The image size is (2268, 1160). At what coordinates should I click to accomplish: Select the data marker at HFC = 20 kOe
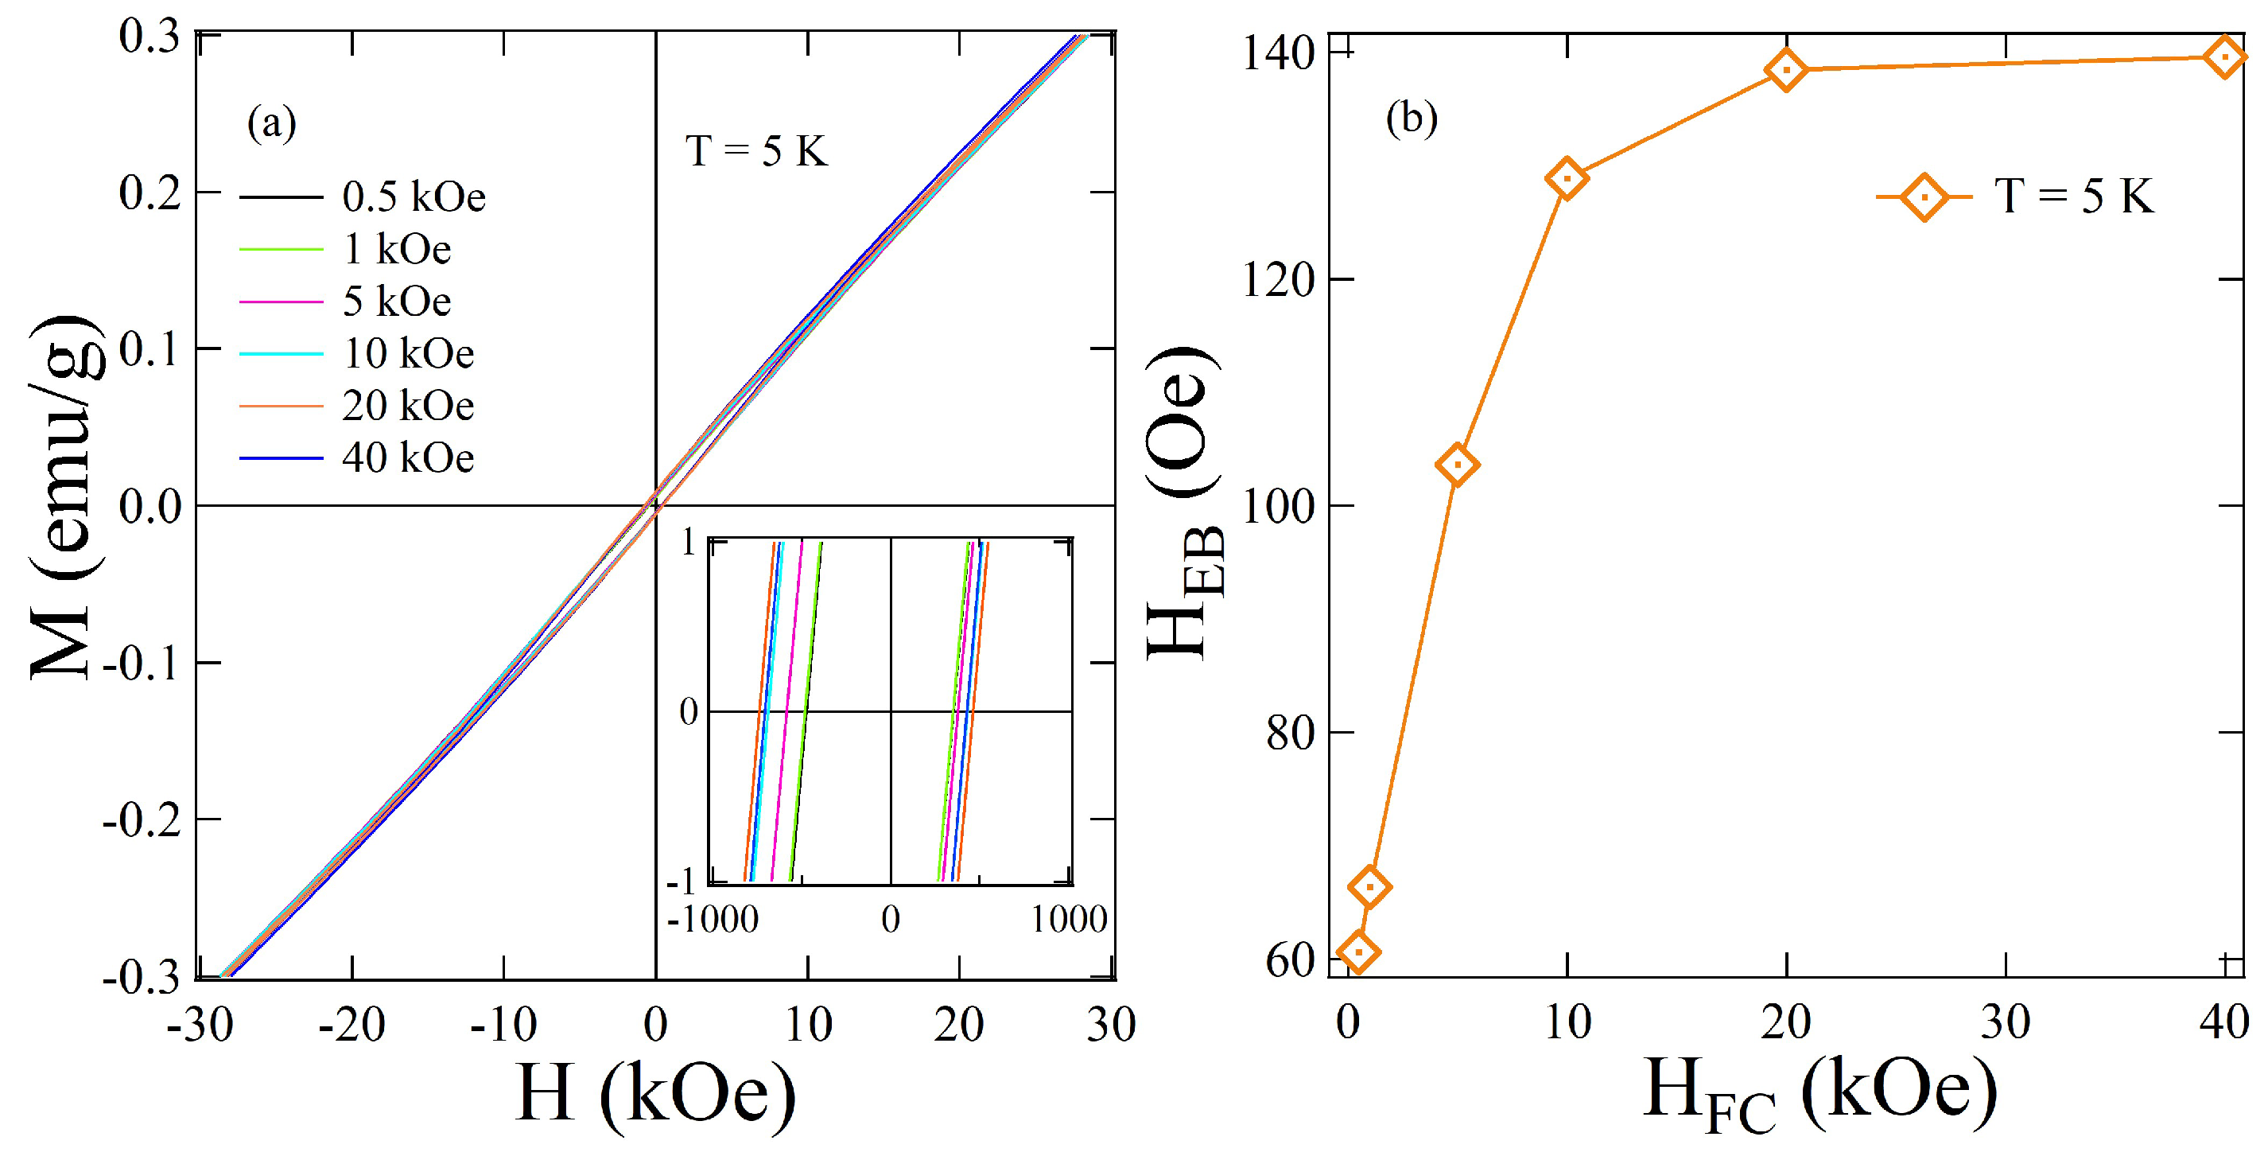click(1786, 69)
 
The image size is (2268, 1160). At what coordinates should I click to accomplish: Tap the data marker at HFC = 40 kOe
click(2225, 57)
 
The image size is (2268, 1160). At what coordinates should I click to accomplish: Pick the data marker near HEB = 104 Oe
click(1457, 464)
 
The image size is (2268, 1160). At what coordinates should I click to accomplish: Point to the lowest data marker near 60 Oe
click(1358, 952)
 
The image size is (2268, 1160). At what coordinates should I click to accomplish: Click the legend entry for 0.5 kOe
click(413, 197)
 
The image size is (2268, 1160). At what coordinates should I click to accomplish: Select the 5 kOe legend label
click(396, 302)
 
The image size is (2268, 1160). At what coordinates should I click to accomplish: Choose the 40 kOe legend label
click(408, 458)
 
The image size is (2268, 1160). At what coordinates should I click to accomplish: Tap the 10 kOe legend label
click(408, 353)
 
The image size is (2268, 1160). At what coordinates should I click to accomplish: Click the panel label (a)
click(271, 123)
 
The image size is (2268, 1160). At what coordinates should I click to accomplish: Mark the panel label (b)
click(1412, 118)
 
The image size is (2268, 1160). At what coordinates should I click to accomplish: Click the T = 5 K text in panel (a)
click(756, 150)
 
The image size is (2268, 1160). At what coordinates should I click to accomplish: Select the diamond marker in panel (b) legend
click(1924, 197)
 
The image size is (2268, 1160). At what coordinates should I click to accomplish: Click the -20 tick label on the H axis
click(351, 1025)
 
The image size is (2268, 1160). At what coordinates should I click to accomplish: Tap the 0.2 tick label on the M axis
click(150, 193)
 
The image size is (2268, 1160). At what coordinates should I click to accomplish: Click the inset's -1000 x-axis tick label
click(713, 920)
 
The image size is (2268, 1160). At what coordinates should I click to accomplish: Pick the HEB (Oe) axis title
click(1185, 502)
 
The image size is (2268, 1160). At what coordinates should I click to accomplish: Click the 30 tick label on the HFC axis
click(2005, 1022)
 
